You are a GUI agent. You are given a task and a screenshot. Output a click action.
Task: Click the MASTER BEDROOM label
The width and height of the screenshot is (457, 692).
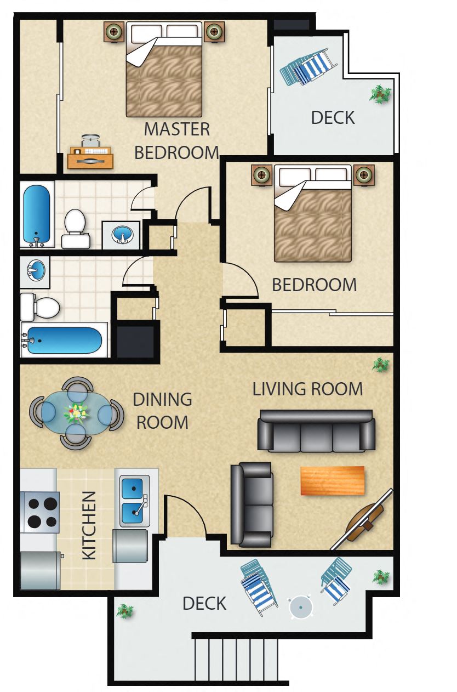[x=176, y=141]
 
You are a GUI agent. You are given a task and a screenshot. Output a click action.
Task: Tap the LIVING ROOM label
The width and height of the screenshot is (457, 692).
[x=307, y=389]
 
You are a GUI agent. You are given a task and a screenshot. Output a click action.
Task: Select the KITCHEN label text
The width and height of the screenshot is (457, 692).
[x=89, y=525]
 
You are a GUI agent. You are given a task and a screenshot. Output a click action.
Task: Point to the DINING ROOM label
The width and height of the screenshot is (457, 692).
[x=162, y=411]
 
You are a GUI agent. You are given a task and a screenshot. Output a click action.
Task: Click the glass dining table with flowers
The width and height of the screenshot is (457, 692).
[x=76, y=412]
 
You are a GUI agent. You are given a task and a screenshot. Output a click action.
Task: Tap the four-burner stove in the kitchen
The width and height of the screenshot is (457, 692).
[x=39, y=512]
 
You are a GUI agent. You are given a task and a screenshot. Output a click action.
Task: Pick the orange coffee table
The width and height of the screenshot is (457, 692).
[x=332, y=480]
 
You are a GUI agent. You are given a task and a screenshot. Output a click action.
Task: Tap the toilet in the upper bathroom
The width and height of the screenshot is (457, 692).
[x=75, y=229]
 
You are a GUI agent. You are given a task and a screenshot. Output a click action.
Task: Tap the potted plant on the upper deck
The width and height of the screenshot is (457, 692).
[x=379, y=94]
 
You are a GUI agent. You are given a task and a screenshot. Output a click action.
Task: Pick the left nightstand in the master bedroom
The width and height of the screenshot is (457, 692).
[x=115, y=32]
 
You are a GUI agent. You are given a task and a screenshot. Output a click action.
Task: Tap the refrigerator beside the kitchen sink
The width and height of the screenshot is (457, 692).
[x=130, y=546]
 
